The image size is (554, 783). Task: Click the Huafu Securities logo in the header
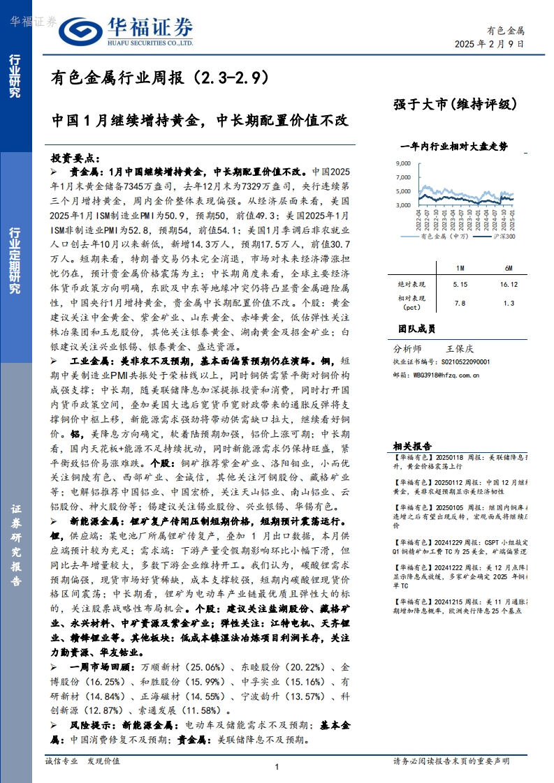126,31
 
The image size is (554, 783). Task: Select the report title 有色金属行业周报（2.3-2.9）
160,78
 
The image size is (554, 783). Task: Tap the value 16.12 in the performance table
509,285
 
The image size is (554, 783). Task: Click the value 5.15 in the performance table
459,285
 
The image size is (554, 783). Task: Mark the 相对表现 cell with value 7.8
459,303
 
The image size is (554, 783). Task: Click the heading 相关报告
411,445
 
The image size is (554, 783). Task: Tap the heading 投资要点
76,158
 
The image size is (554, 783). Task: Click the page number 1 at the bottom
277,768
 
